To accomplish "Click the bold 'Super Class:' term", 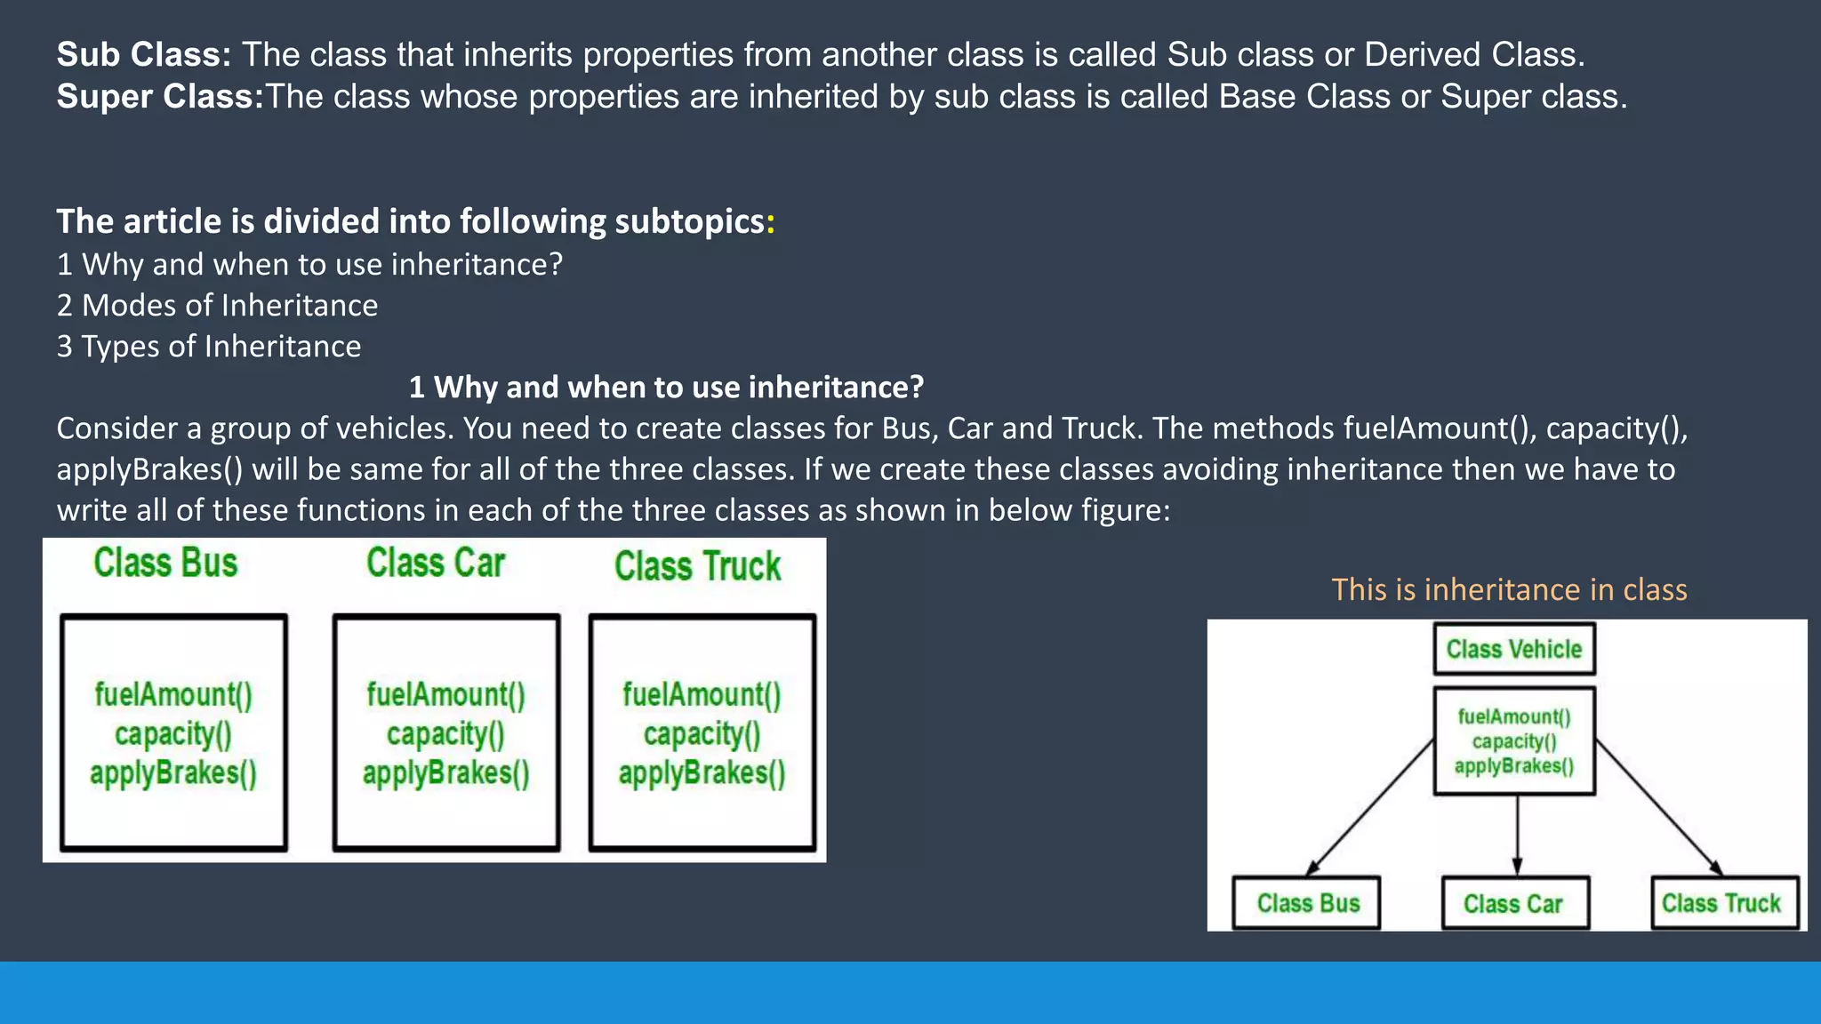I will (x=160, y=97).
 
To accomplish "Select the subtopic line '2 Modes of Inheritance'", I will (x=217, y=306).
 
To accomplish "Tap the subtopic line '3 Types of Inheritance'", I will (x=209, y=347).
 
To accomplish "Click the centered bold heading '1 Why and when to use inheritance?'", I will (x=666, y=388).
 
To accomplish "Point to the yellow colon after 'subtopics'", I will (x=771, y=222).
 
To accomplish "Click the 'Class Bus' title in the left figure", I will (x=166, y=564).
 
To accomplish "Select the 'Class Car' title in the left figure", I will (x=436, y=564).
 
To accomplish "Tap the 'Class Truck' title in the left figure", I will (x=698, y=567).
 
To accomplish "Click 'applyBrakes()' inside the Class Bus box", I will (x=173, y=773).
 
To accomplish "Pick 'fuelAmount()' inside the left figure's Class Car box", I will (x=445, y=695).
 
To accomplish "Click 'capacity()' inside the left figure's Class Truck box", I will (x=702, y=734).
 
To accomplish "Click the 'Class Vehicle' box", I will (x=1514, y=650).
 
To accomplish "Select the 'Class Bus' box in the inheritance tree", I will (x=1307, y=904).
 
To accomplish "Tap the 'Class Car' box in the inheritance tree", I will (x=1514, y=904).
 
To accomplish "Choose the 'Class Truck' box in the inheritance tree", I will (x=1723, y=904).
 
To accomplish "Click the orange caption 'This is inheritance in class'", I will (x=1509, y=590).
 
